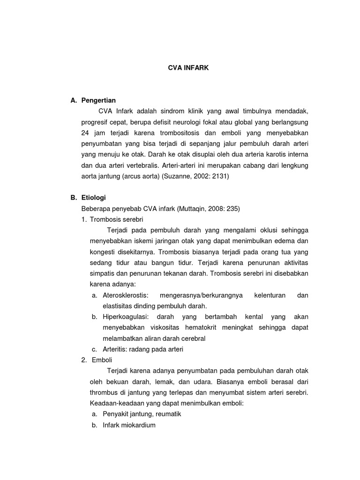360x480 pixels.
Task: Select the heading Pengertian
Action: (98, 100)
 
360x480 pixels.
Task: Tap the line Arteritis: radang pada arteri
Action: (143, 349)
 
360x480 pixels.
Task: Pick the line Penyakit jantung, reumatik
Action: (142, 414)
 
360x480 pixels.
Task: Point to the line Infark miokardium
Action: (129, 425)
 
